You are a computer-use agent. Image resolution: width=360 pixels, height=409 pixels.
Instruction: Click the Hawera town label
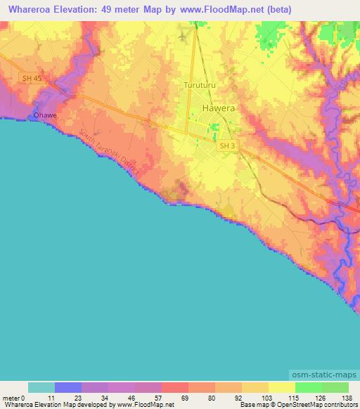219,109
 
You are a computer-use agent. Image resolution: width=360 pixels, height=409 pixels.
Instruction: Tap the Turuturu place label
198,85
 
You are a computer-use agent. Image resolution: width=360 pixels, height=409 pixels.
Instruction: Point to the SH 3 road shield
225,145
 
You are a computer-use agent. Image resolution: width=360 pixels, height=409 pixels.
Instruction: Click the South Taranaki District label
110,152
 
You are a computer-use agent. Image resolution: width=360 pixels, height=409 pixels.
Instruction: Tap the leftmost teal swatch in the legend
41,387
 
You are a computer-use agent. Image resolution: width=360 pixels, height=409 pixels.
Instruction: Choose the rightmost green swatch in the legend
335,387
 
